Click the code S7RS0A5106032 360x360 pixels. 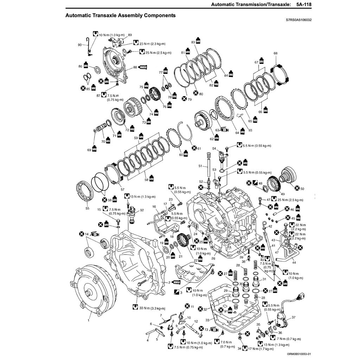298,20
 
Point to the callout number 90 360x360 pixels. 79,45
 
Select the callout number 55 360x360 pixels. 87,208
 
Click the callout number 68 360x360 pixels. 275,53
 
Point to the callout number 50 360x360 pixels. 302,189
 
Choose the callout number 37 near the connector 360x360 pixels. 294,317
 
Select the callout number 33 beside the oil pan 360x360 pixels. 207,320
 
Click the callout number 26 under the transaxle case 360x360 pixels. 213,258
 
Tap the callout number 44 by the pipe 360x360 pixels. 294,263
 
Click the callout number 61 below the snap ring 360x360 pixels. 199,149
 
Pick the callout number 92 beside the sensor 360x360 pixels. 142,210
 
